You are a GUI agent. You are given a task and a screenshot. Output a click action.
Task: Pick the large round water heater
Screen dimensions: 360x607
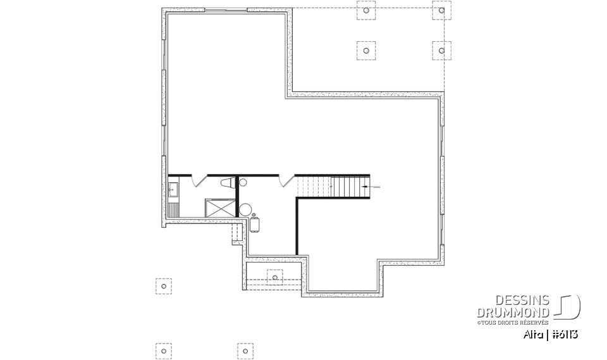click(246, 209)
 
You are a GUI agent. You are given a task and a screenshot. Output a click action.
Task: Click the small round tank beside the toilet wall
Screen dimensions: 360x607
click(243, 182)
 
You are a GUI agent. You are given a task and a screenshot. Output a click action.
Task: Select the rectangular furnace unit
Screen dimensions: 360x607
click(255, 224)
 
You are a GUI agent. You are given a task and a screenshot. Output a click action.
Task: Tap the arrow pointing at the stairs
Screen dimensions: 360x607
click(373, 187)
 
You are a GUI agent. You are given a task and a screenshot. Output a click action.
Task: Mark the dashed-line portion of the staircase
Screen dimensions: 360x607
click(315, 186)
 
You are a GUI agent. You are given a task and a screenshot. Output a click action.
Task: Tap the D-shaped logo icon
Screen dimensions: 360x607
click(568, 306)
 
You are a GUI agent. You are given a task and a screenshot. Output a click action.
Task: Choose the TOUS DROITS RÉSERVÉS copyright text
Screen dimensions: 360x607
click(513, 322)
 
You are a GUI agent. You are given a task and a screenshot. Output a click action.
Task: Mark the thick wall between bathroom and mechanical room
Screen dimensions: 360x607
click(236, 196)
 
